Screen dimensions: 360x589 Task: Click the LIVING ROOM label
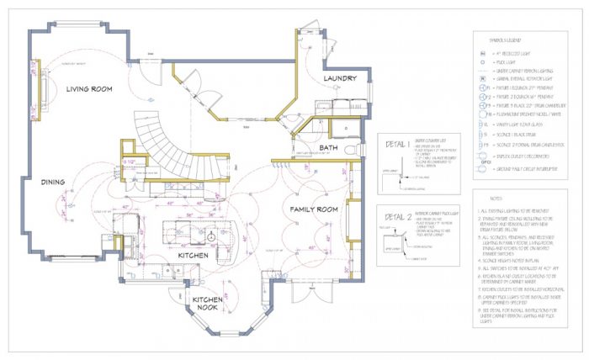(91, 87)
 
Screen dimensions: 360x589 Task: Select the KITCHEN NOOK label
(207, 304)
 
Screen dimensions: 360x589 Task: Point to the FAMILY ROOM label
(313, 208)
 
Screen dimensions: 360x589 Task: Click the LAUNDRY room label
(341, 77)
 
